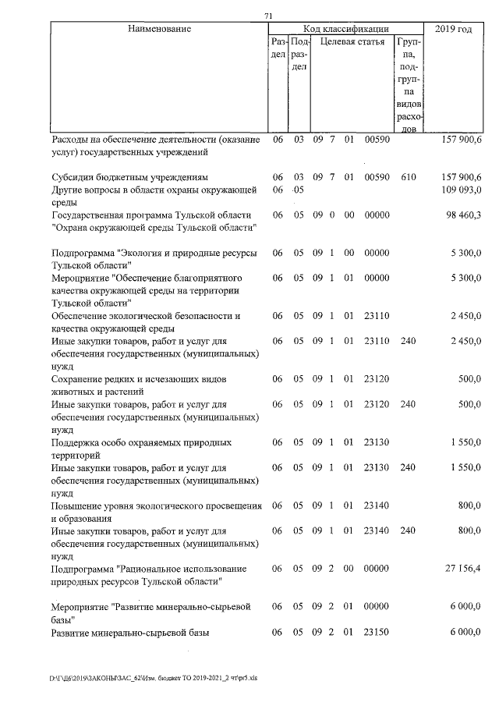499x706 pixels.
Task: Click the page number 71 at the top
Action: tap(269, 16)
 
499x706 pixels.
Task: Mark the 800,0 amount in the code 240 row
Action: tap(469, 531)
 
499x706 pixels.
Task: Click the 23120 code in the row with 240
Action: tap(377, 405)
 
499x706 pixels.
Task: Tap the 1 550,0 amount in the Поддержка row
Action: tap(467, 442)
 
